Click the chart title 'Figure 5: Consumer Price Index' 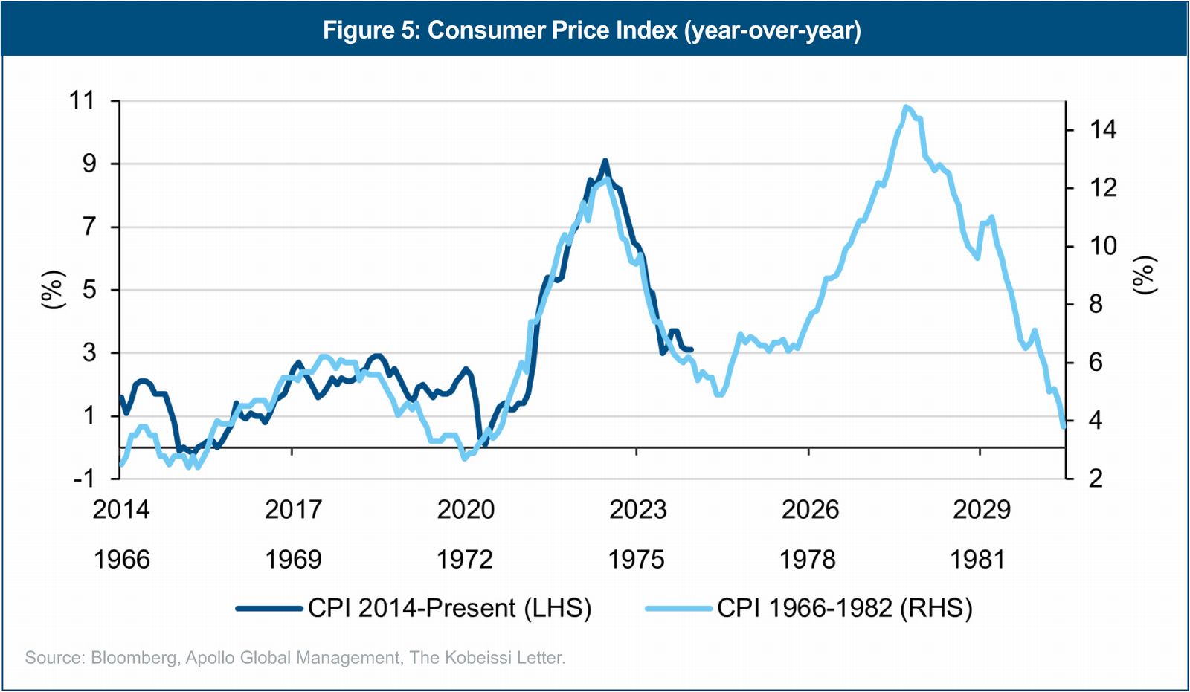point(591,30)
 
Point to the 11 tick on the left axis point(83,100)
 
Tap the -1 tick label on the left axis point(84,478)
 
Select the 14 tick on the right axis point(1103,129)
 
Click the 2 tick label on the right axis point(1096,478)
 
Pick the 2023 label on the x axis point(637,510)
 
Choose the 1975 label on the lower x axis point(636,560)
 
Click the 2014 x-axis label point(121,510)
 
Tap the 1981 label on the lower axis point(977,560)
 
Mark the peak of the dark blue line point(605,161)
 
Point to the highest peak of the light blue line point(905,107)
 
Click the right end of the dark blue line point(692,349)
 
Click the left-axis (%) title point(52,289)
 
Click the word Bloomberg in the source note point(133,658)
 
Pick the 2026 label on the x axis point(810,510)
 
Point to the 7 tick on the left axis point(89,226)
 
